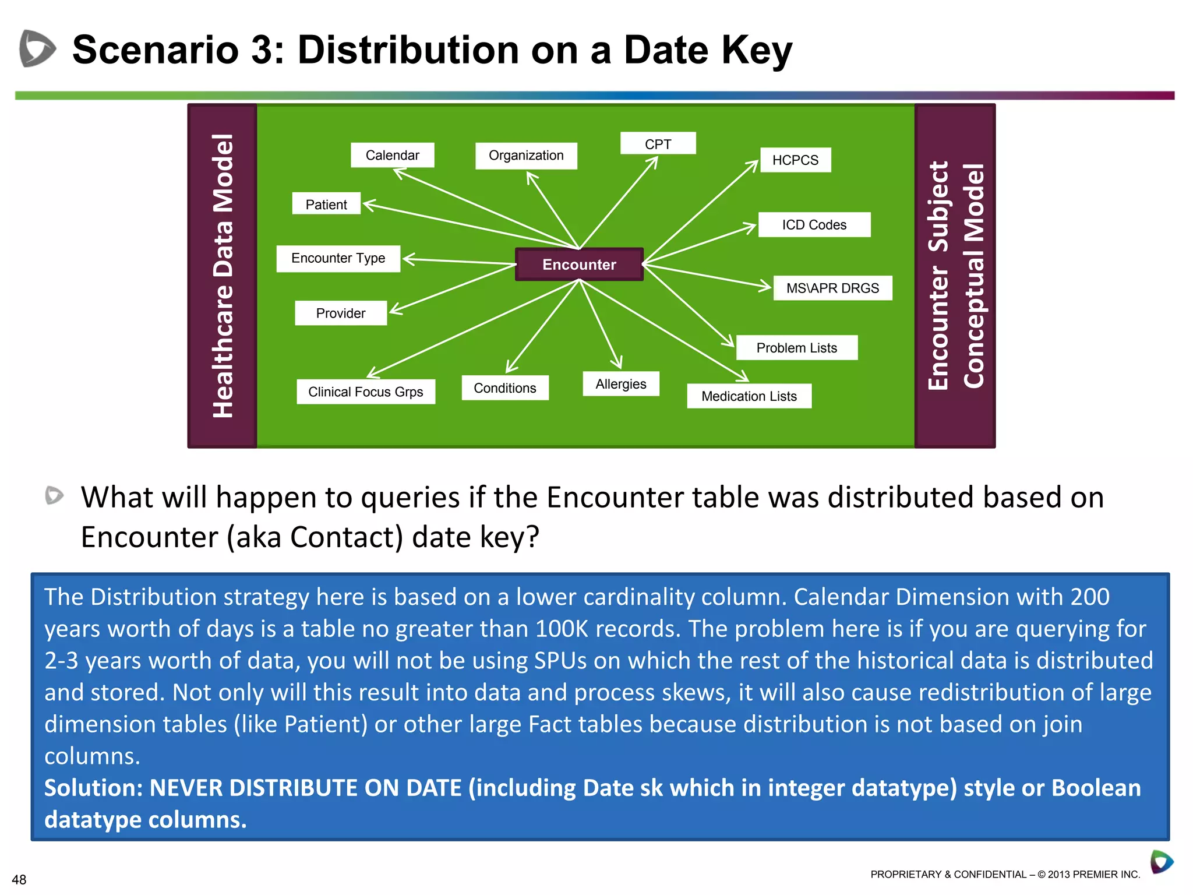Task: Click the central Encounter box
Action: point(579,265)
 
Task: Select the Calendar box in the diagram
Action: point(392,155)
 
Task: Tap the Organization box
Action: point(526,156)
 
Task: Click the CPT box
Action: point(658,143)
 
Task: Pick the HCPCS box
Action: point(795,160)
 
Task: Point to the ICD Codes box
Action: point(814,224)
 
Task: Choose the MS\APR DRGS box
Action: point(832,288)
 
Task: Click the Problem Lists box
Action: point(796,347)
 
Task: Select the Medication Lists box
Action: point(749,396)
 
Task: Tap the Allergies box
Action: point(620,383)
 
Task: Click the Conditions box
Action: point(504,387)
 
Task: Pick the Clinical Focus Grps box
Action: point(365,392)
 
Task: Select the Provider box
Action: point(340,313)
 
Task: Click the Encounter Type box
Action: point(338,258)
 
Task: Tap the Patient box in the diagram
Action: point(326,204)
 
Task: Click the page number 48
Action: point(19,879)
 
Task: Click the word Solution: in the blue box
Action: point(93,788)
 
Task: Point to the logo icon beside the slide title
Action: point(37,48)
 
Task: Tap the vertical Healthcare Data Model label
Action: point(223,276)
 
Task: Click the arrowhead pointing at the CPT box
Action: point(654,161)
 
